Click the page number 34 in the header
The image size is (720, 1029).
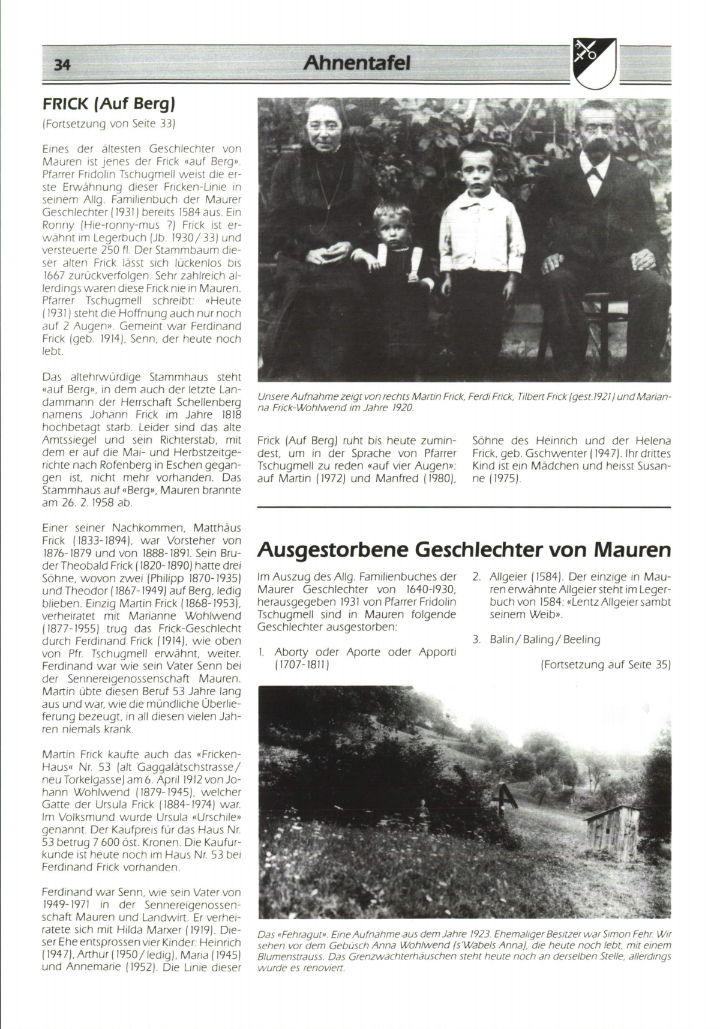click(62, 64)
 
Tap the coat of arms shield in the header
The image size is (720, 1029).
click(594, 62)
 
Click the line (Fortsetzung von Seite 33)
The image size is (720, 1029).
click(108, 124)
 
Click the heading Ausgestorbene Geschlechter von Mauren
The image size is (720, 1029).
click(463, 549)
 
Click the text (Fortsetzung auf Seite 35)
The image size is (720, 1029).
click(605, 665)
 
